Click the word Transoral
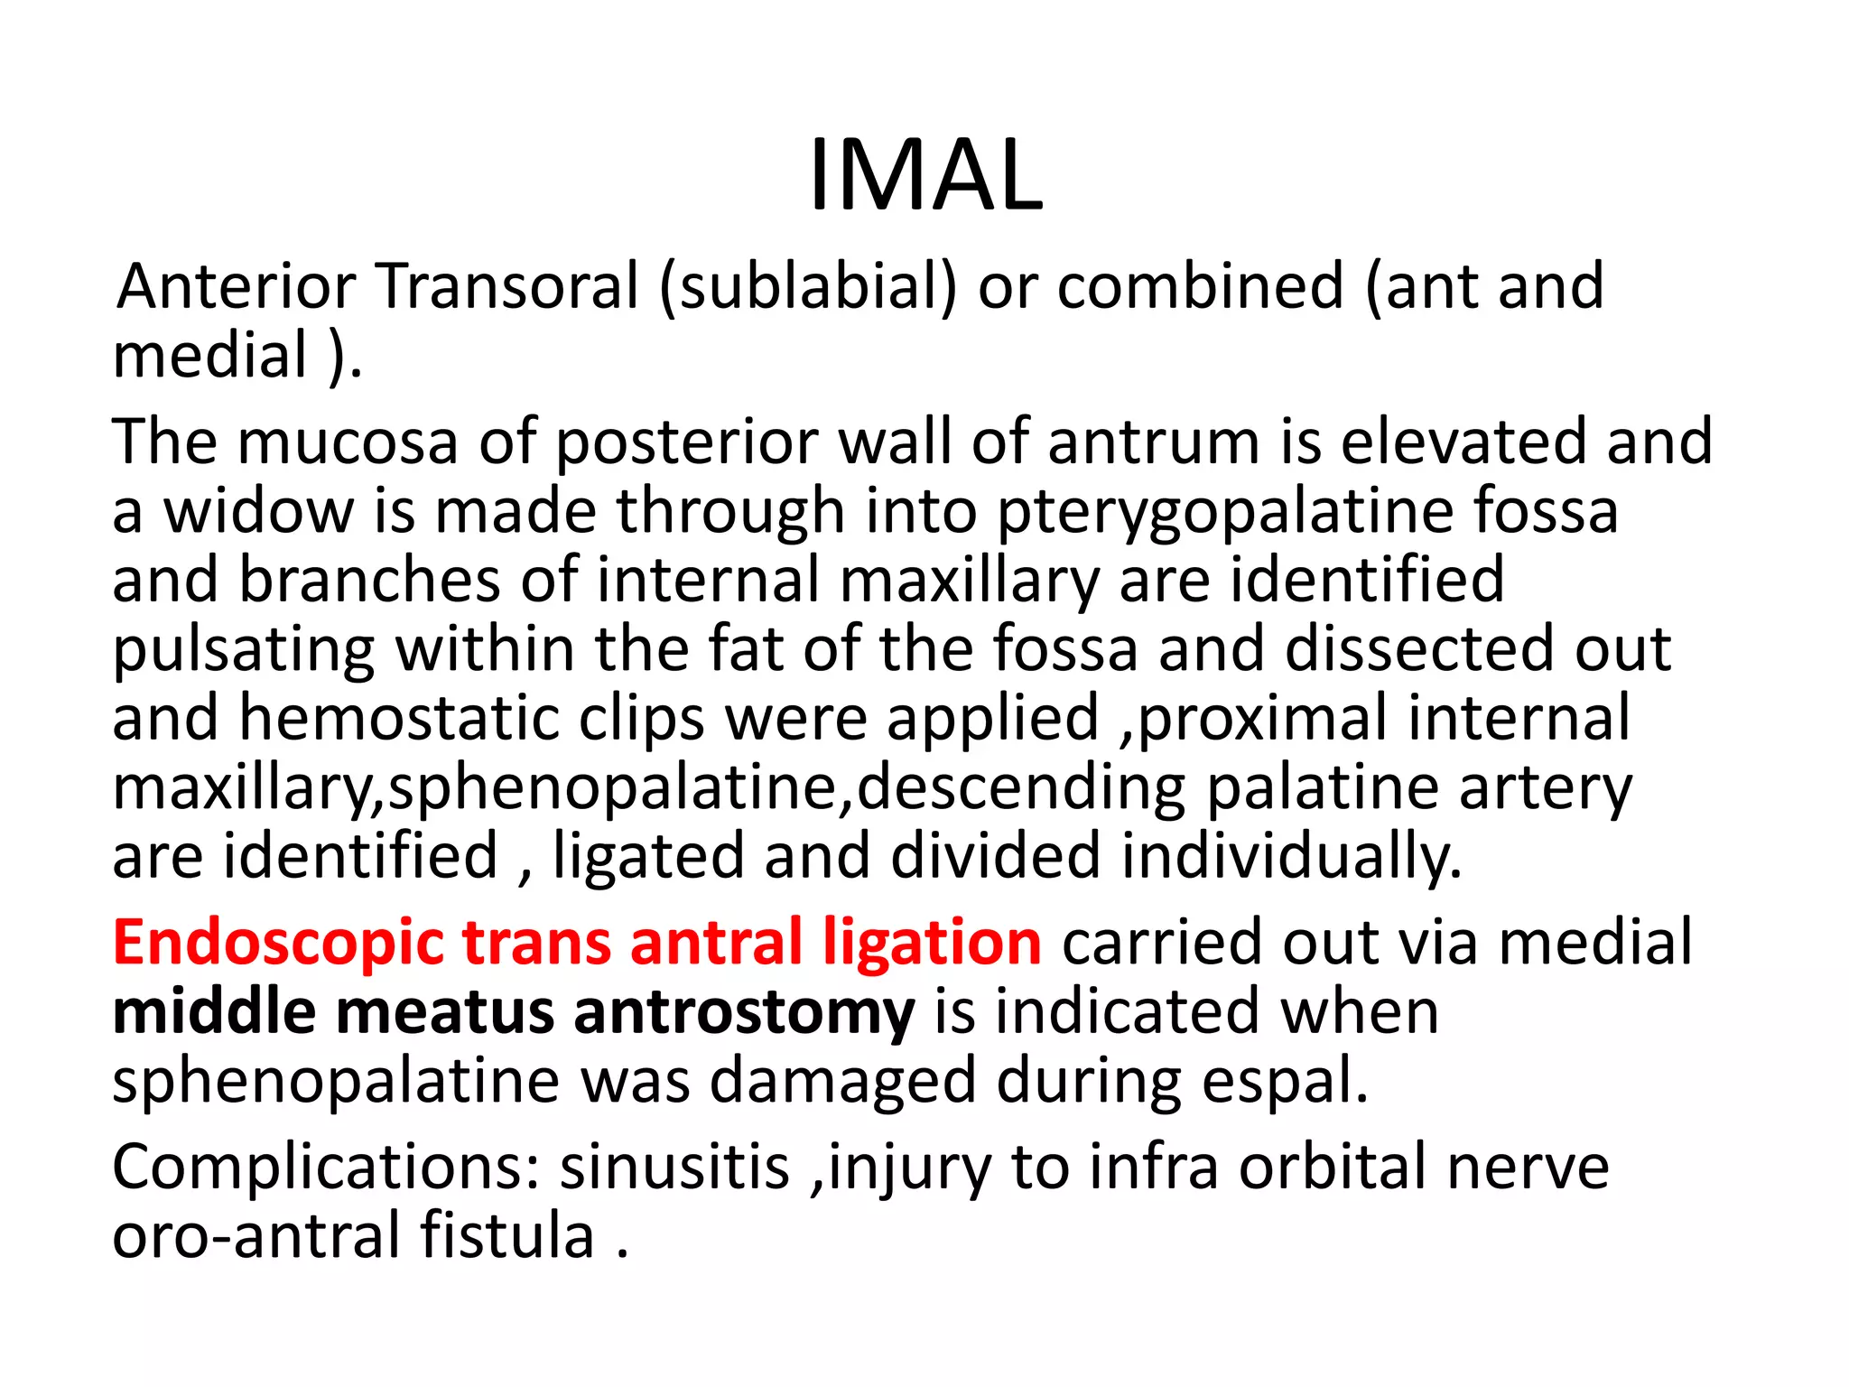507,286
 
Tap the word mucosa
348,442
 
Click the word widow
258,510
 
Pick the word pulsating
243,649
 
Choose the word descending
1020,787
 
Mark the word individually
1291,856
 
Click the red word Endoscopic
277,943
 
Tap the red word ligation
932,943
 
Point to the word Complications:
326,1168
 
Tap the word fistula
506,1234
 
